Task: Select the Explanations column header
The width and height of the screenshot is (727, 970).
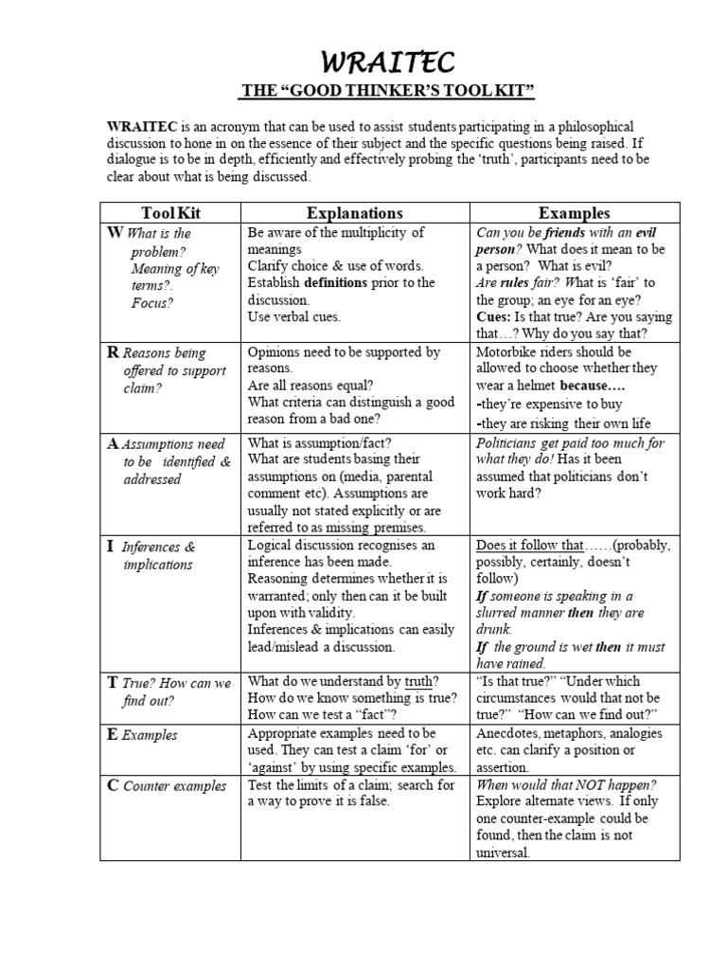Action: click(x=355, y=213)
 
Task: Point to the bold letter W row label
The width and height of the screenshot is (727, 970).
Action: click(x=115, y=233)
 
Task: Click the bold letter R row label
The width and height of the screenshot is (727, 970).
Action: click(x=113, y=352)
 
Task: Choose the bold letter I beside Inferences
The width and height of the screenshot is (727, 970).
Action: click(x=111, y=547)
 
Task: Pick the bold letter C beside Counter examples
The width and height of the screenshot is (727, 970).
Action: click(x=113, y=785)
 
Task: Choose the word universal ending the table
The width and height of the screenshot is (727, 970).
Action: click(x=506, y=853)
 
